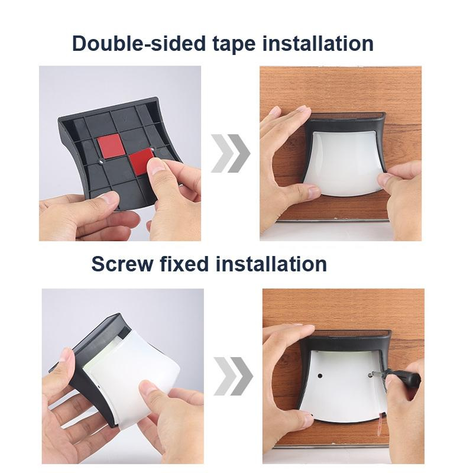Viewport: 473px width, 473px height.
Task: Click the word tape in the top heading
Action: coord(234,44)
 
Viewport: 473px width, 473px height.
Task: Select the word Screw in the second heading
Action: coord(122,264)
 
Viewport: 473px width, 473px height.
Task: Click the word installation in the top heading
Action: coord(318,43)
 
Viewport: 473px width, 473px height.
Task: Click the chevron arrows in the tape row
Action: coord(231,153)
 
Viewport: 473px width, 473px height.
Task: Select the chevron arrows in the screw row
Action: coord(233,376)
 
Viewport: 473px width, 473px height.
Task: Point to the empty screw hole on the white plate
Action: coord(320,376)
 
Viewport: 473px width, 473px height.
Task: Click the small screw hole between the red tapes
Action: coord(101,162)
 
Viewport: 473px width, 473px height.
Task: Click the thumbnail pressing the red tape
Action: coord(155,166)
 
